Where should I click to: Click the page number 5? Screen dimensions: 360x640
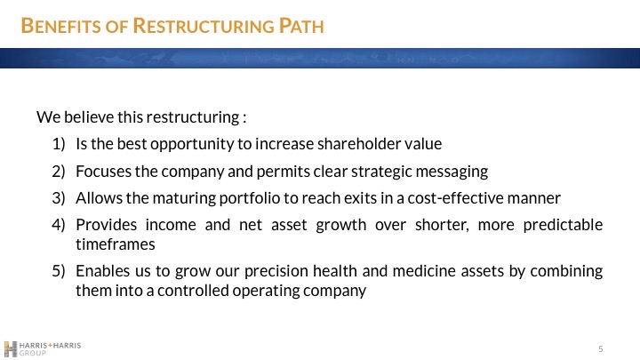(x=601, y=348)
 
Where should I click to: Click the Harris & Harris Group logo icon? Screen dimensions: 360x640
(x=11, y=348)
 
